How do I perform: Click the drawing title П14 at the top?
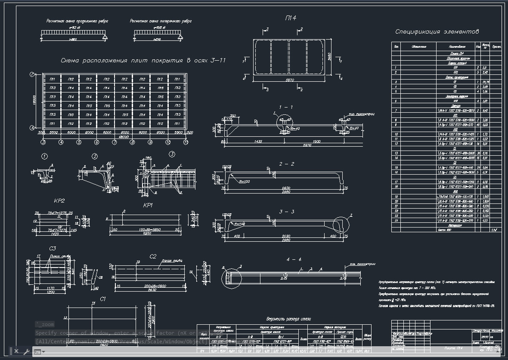click(290, 18)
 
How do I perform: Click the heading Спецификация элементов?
click(437, 32)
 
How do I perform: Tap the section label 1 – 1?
click(286, 107)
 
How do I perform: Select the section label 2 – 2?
click(287, 164)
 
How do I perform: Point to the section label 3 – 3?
click(287, 212)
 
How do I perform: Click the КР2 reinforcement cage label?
click(59, 201)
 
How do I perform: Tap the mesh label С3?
click(53, 248)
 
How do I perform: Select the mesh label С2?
click(153, 256)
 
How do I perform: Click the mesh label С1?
click(103, 298)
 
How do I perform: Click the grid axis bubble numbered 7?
click(115, 142)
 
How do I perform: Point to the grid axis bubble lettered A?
click(32, 128)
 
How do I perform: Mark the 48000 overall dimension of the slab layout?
click(112, 136)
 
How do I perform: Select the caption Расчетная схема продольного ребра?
click(77, 21)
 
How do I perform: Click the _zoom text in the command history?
click(46, 324)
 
